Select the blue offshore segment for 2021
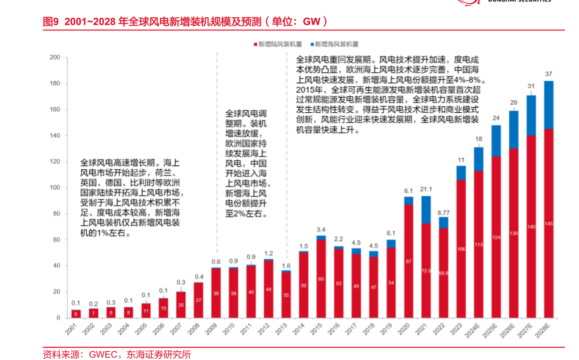tap(426, 209)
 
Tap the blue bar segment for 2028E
tap(549, 105)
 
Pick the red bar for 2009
tap(216, 293)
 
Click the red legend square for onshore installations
tap(254, 44)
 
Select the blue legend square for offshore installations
tap(311, 44)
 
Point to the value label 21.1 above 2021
tap(426, 190)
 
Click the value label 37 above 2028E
tap(549, 74)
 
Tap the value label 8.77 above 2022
tap(444, 212)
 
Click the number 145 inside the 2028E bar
tap(549, 223)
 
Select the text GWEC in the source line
tap(101, 354)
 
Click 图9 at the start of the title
tap(51, 22)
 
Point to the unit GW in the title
tap(311, 22)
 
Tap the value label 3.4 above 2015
tap(322, 229)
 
